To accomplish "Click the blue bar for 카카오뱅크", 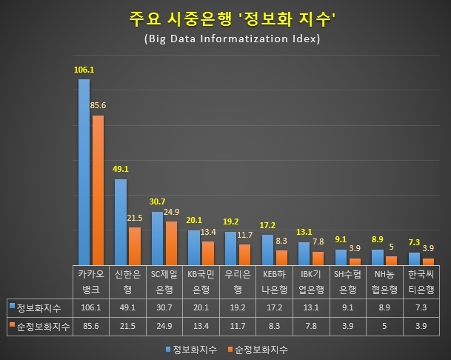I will [84, 170].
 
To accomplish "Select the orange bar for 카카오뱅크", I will [98, 189].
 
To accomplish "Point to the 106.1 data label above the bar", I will [84, 70].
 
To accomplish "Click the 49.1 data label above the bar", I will [120, 168].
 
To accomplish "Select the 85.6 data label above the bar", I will [98, 106].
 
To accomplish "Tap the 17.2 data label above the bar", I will [267, 224].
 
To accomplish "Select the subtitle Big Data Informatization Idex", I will [226, 39].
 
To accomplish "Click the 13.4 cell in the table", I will [201, 325].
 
